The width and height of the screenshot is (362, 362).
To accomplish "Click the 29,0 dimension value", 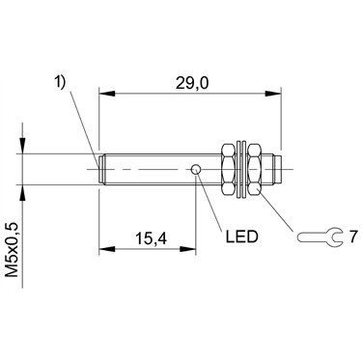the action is [x=192, y=83].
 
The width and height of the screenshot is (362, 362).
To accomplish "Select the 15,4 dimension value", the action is [x=152, y=238].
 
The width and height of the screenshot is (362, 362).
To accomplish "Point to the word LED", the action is [x=242, y=237].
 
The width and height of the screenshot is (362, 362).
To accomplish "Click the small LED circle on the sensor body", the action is [x=196, y=169].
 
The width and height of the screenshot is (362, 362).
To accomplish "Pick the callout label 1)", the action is [x=59, y=82].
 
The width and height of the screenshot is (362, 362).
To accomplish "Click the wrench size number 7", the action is [x=353, y=237].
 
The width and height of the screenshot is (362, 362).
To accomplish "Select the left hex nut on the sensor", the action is [x=229, y=169].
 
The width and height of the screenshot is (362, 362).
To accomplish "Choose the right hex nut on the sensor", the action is [x=256, y=169].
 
